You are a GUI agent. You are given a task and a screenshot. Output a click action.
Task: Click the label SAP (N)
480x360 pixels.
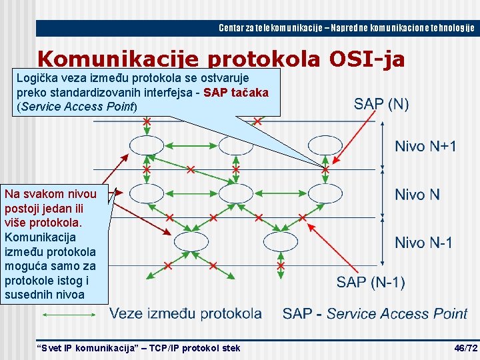(381, 104)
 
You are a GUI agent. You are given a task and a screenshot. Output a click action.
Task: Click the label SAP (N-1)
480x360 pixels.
(370, 282)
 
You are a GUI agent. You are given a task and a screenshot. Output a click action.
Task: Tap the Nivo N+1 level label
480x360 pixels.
(425, 146)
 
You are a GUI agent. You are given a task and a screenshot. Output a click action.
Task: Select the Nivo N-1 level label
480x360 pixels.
(423, 242)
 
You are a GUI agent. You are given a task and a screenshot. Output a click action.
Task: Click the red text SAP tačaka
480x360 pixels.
(236, 93)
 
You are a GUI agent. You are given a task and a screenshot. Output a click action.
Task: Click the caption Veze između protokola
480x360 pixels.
(185, 313)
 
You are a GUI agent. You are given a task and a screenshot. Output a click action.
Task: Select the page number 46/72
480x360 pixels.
(465, 348)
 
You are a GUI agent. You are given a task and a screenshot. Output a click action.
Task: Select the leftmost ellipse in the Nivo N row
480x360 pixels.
(146, 193)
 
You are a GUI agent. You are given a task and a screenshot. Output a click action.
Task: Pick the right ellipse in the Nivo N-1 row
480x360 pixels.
(281, 240)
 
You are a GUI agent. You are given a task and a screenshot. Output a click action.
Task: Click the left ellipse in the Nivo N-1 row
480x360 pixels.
(191, 240)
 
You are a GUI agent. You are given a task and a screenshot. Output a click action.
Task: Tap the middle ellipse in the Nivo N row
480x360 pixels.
(235, 193)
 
